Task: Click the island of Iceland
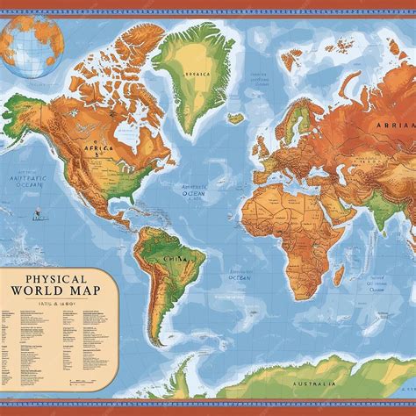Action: click(x=236, y=118)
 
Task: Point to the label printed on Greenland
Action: click(x=194, y=75)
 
